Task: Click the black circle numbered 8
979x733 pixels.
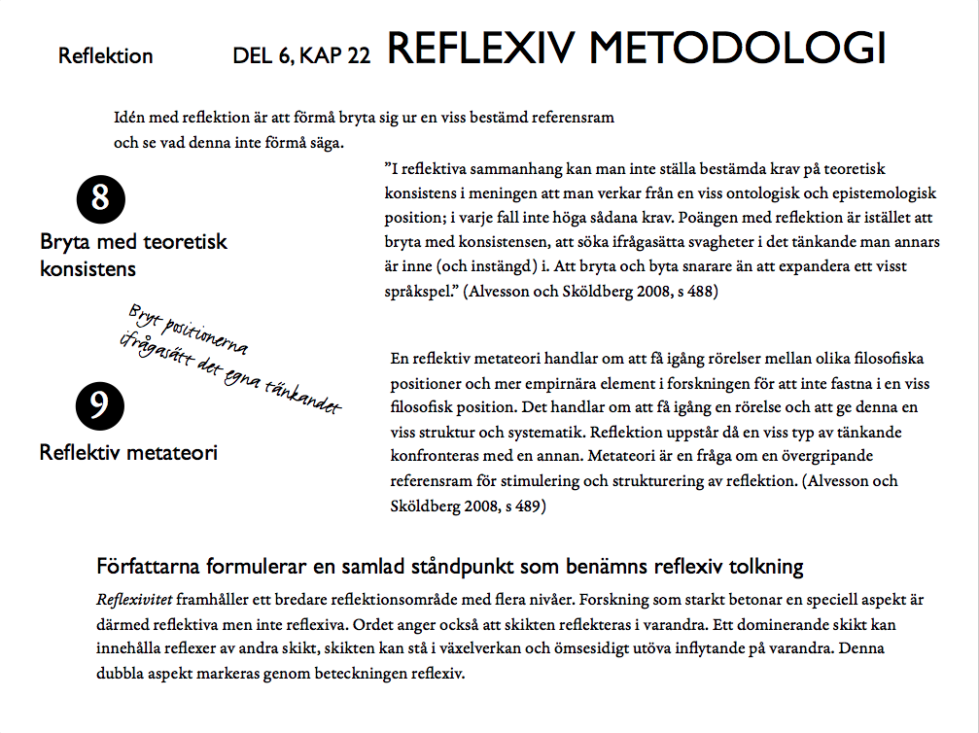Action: point(100,199)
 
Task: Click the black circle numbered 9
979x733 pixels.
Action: point(99,406)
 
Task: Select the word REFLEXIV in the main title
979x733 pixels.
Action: point(482,48)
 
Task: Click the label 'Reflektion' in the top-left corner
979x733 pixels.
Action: point(105,56)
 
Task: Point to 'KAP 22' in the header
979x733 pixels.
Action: point(335,56)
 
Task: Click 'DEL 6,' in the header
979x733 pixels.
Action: point(263,56)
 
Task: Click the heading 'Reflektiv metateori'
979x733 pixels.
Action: point(128,452)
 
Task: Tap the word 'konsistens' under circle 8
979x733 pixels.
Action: point(87,268)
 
